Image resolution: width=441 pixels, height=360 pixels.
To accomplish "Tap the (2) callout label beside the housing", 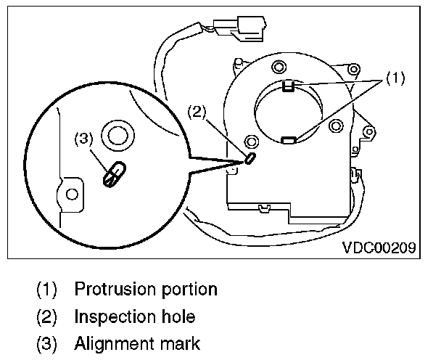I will [198, 112].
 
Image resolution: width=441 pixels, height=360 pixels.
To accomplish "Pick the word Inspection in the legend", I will [112, 316].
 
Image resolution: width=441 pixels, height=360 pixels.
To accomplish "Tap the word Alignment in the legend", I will [110, 343].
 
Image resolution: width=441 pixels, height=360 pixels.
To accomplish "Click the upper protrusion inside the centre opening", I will [287, 88].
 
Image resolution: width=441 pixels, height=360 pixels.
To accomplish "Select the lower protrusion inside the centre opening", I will [288, 139].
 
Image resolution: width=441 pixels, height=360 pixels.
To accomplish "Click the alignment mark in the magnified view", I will [113, 174].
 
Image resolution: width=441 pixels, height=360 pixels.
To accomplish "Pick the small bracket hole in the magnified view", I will [72, 195].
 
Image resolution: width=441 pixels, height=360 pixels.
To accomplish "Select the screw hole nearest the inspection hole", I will [251, 141].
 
